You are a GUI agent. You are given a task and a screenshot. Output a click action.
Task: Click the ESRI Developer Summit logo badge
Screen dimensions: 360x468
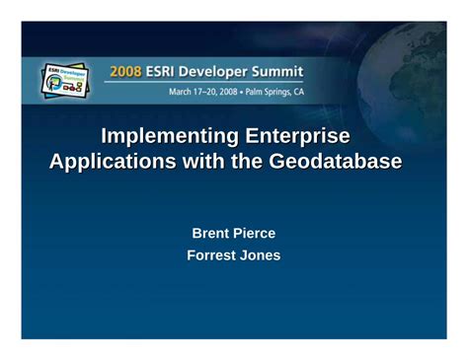[x=66, y=80]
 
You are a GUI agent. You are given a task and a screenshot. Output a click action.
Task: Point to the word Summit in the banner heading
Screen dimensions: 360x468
[x=280, y=71]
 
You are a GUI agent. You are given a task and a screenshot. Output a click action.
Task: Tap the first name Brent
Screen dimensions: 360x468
[x=209, y=233]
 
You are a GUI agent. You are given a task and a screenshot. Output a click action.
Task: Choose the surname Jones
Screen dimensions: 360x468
[x=262, y=255]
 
